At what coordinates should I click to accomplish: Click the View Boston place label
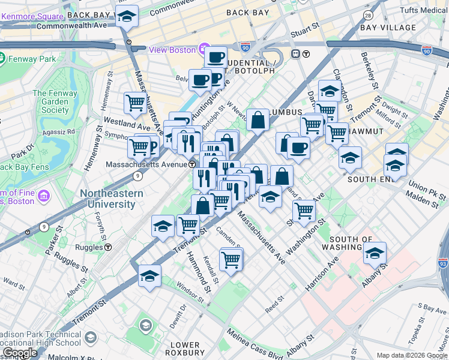tap(173, 50)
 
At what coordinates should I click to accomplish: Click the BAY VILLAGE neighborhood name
tap(388, 28)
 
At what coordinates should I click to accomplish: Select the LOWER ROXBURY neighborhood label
tap(185, 349)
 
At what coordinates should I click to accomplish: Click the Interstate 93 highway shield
tap(442, 262)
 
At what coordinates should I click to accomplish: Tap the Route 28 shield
tap(368, 14)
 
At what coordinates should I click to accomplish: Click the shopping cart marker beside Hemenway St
tap(135, 103)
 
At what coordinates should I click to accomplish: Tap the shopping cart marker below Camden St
tap(231, 259)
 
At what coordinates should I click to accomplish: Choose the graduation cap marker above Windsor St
tap(149, 275)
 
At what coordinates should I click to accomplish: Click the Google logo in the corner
tap(19, 353)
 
